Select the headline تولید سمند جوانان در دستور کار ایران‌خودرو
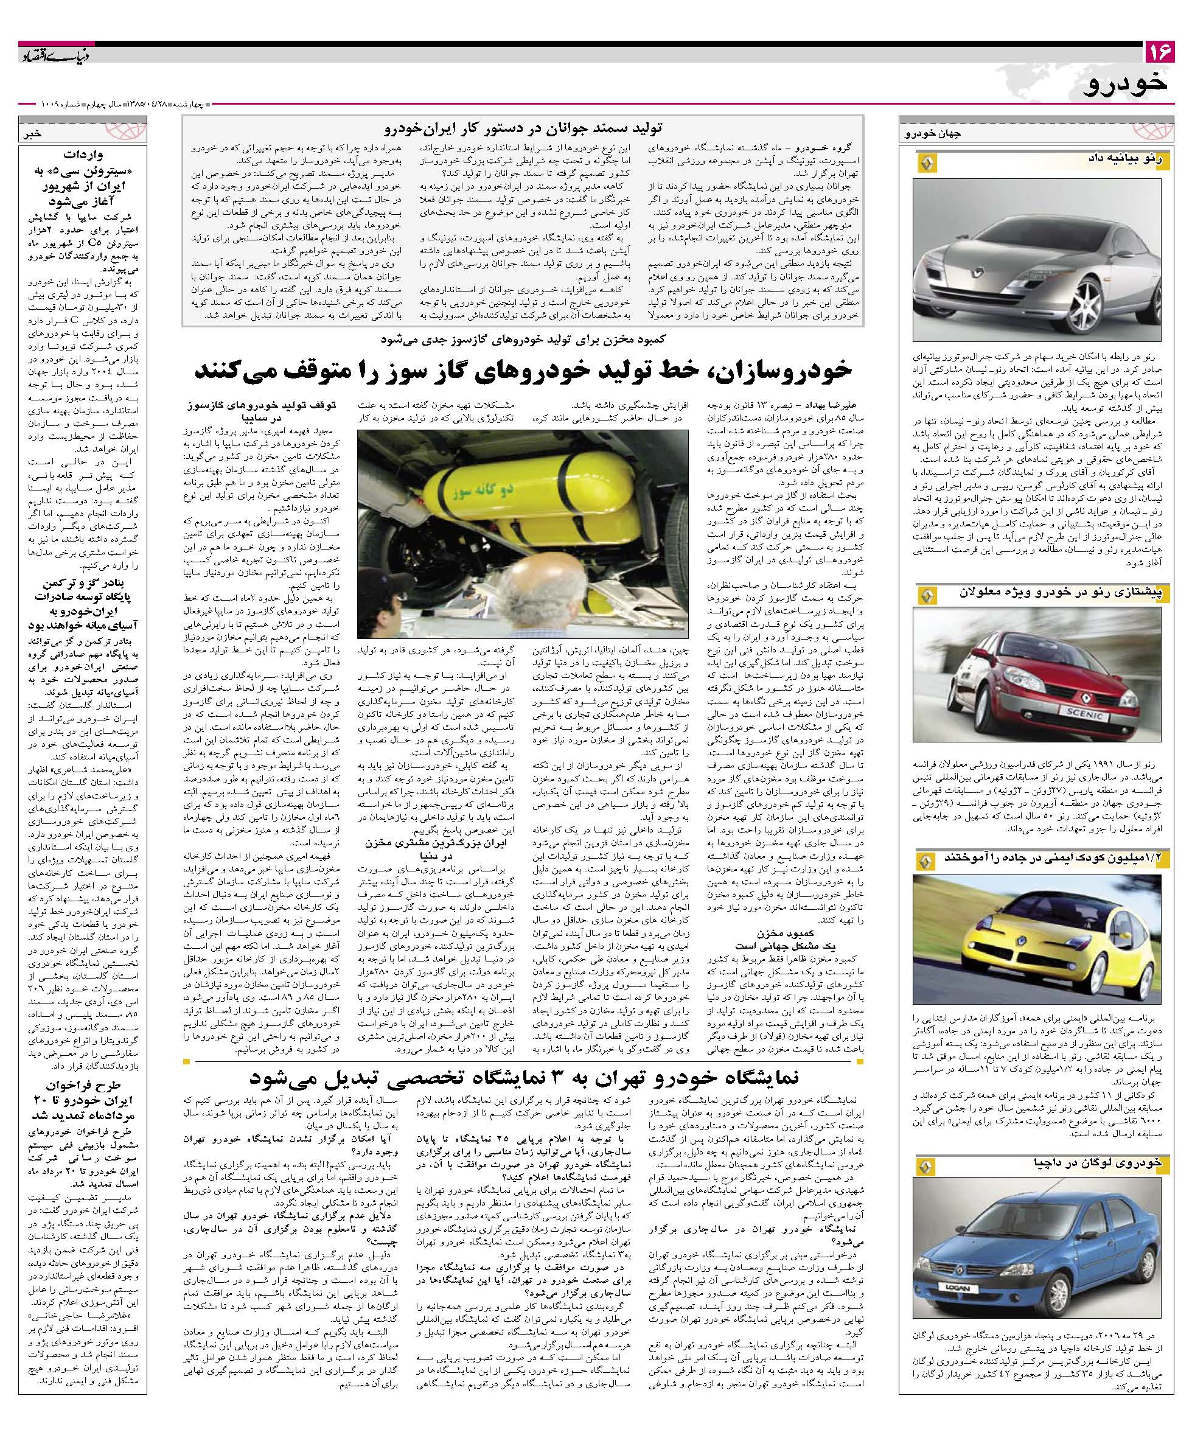point(521,127)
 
